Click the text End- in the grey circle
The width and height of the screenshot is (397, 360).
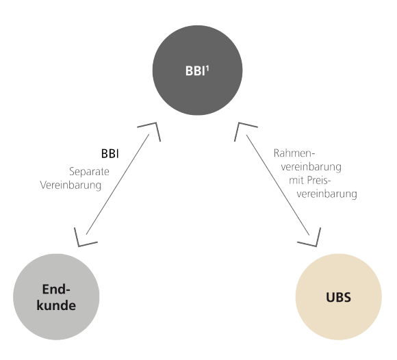(54, 289)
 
